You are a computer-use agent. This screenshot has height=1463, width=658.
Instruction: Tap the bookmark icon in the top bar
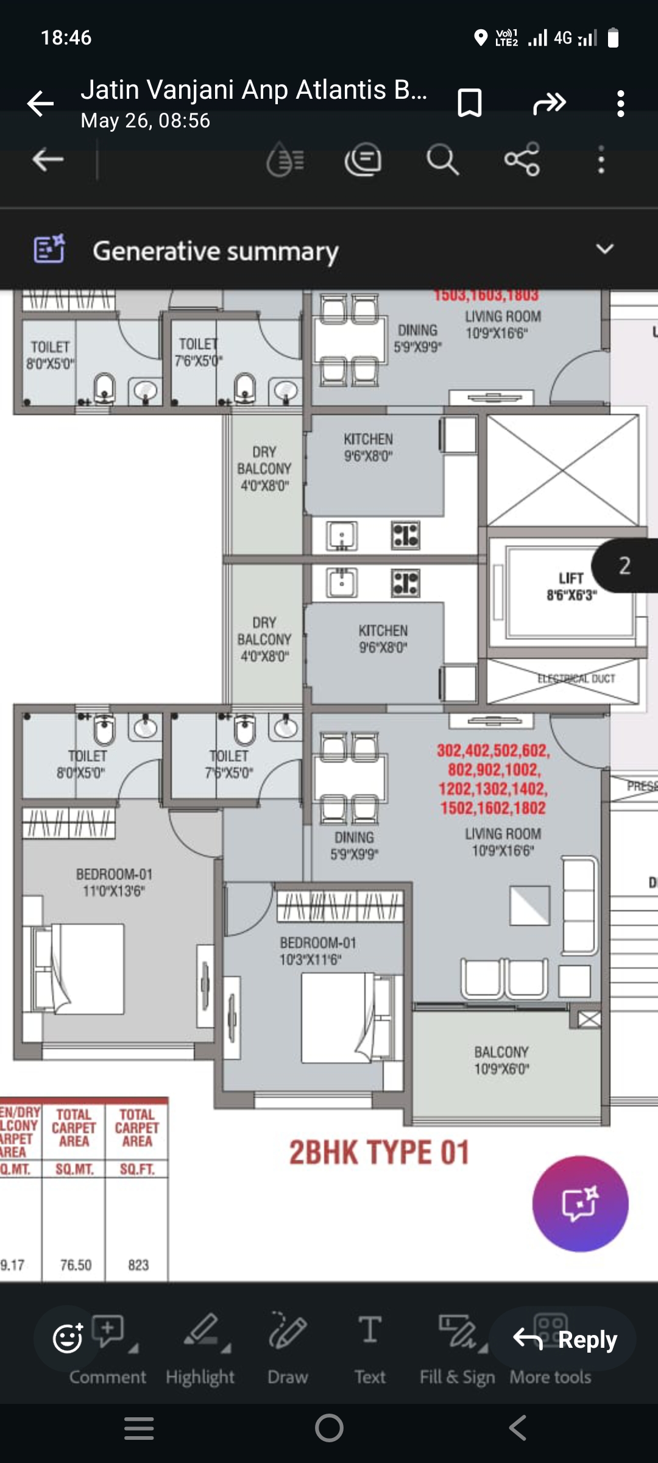(469, 102)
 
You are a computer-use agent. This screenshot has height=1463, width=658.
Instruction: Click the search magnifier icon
(442, 160)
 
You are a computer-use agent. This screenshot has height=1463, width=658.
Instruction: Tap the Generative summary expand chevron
(604, 249)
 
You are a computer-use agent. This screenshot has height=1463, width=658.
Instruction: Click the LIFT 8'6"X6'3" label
(571, 586)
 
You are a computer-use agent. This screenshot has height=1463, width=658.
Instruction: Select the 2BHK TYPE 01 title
(379, 1153)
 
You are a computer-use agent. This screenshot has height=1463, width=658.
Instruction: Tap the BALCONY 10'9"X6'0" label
(501, 1060)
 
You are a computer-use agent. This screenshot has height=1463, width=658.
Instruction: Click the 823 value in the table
(138, 1265)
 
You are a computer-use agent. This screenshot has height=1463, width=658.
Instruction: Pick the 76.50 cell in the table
(76, 1265)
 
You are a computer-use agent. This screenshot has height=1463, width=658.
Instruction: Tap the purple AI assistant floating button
(580, 1203)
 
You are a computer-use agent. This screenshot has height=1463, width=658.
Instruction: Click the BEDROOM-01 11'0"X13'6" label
(114, 882)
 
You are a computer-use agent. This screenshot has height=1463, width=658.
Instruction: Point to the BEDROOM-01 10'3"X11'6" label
(317, 951)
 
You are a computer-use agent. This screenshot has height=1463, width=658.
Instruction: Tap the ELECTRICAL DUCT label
(576, 678)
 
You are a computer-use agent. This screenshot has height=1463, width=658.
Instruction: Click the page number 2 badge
(625, 566)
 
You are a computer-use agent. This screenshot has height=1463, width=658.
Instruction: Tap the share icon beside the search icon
(522, 160)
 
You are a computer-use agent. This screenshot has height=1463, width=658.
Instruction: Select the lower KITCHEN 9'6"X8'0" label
(383, 638)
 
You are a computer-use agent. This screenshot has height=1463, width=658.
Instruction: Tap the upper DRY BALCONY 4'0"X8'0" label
(264, 468)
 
